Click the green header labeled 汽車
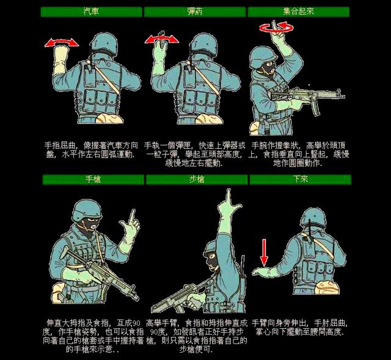tap(91, 12)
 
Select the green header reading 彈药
tap(195, 12)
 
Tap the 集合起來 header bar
tap(299, 12)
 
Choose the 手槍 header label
tap(93, 179)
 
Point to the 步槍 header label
tap(196, 179)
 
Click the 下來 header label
tap(299, 179)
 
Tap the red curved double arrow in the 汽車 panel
tap(62, 41)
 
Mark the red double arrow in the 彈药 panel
tap(161, 38)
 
